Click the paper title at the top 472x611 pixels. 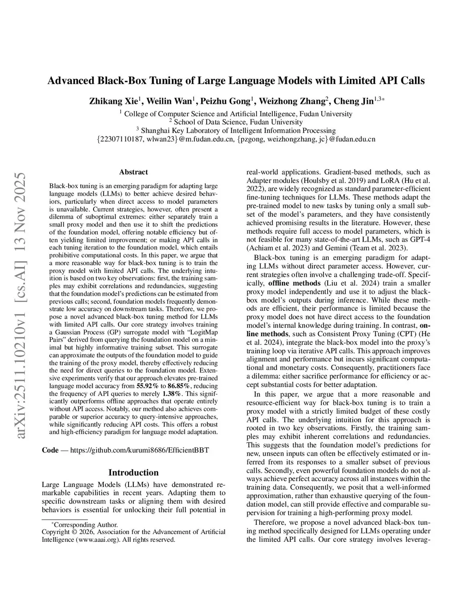236,81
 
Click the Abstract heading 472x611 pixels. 133,172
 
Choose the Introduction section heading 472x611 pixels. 133,472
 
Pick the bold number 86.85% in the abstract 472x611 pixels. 179,385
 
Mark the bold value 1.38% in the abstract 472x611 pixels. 172,393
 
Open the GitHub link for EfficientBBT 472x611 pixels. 139,450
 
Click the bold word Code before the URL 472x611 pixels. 50,450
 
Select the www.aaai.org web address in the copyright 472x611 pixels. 90,540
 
